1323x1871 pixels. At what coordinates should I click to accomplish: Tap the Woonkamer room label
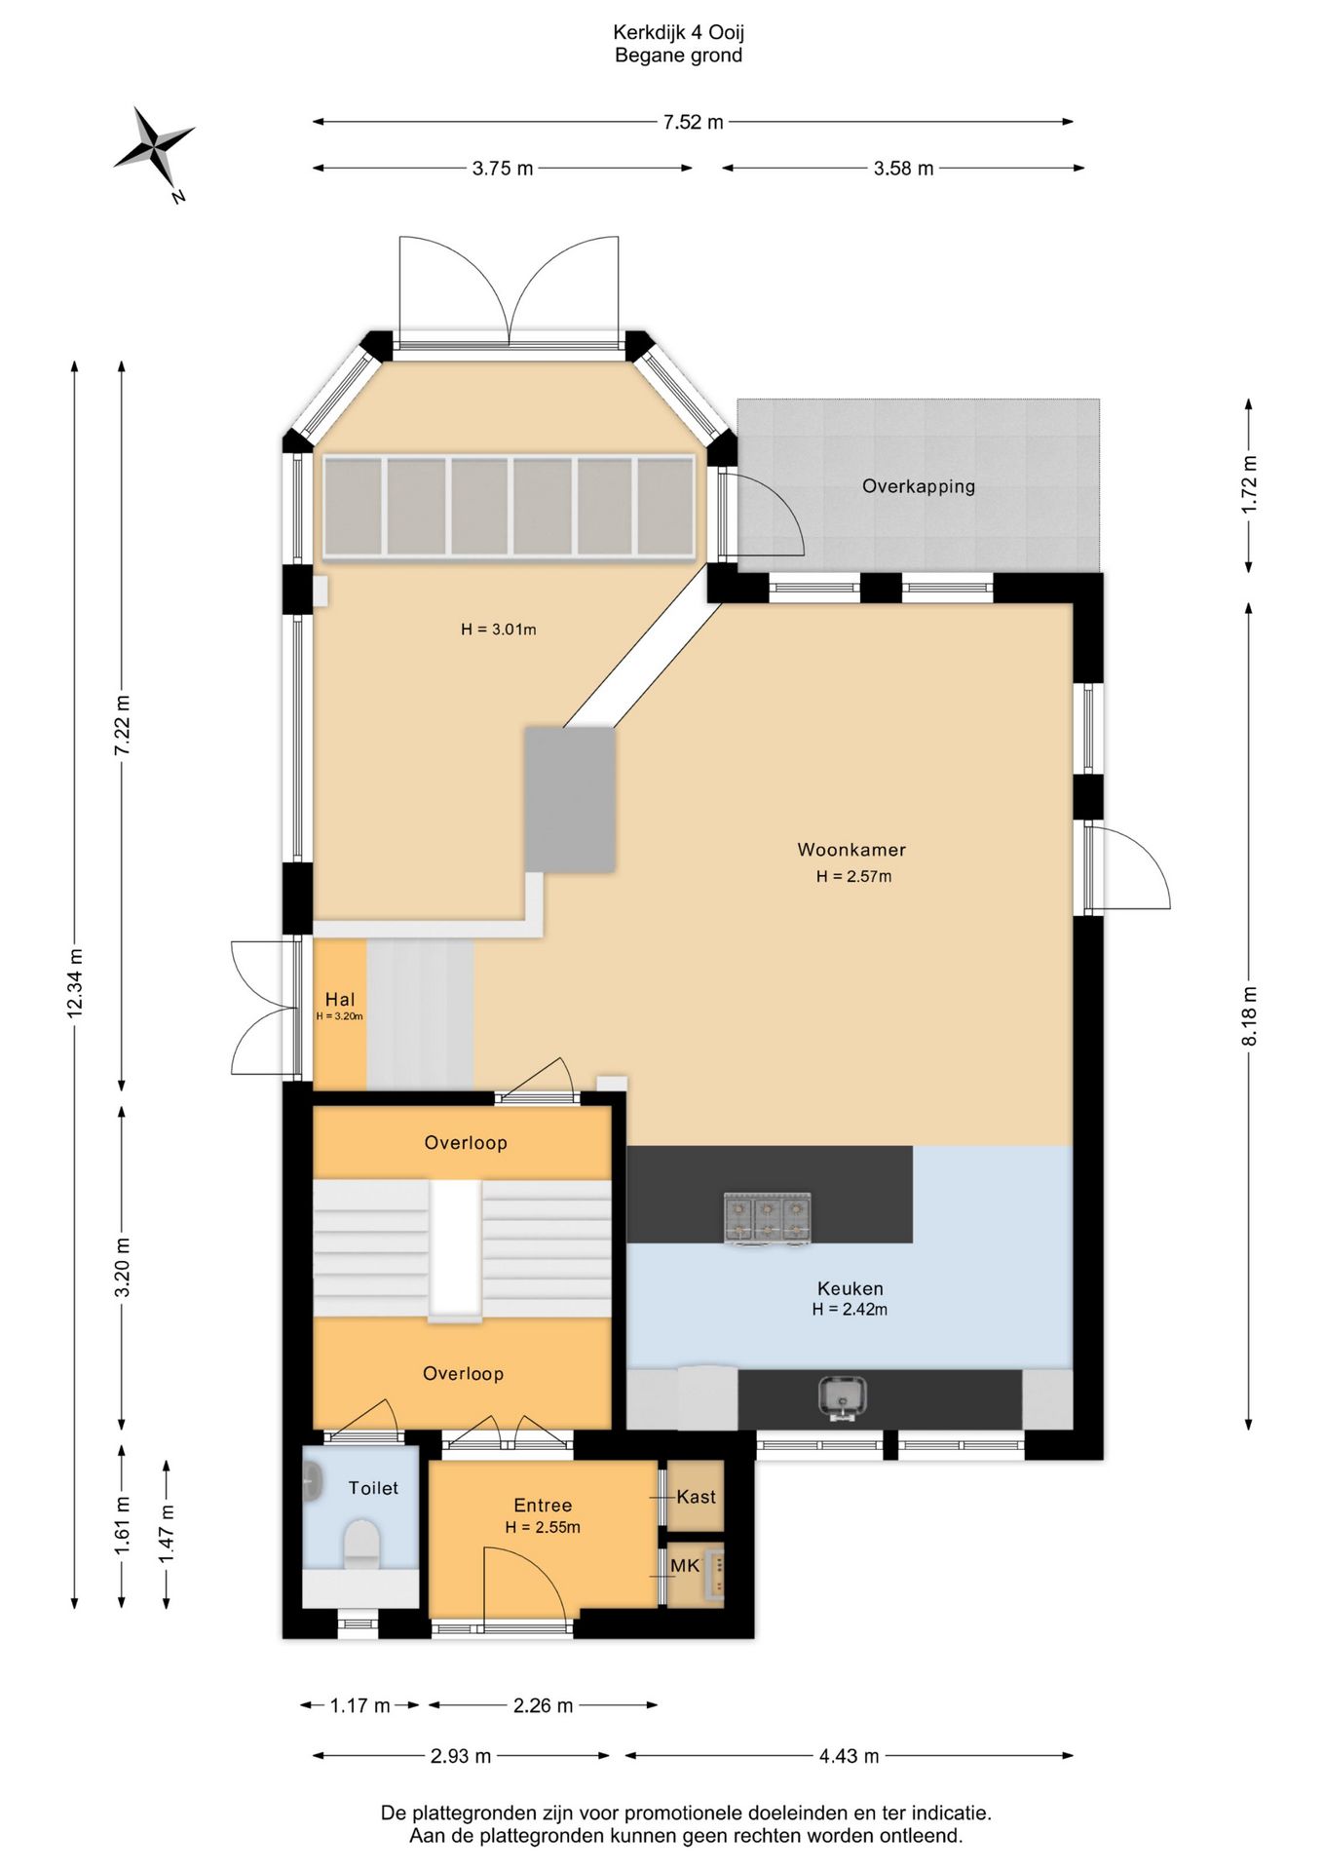[851, 850]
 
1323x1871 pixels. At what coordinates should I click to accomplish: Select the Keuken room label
[850, 1288]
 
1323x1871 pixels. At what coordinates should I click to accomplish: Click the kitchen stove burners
[767, 1219]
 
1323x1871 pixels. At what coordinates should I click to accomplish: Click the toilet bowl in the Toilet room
[361, 1544]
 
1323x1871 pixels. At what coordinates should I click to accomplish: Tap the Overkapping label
[919, 486]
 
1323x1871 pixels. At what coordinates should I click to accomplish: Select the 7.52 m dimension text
[693, 123]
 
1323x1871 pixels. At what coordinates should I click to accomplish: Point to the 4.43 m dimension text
[849, 1756]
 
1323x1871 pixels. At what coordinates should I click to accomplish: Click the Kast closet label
[697, 1497]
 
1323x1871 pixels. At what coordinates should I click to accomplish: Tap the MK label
[685, 1566]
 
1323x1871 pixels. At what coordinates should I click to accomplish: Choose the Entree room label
[543, 1506]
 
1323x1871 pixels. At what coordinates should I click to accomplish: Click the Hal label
[340, 999]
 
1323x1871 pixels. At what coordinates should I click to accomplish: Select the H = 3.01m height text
[499, 630]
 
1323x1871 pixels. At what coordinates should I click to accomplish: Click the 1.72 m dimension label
[1250, 484]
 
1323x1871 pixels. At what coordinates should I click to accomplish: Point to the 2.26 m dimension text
[543, 1705]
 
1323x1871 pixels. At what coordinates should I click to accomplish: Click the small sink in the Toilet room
[313, 1482]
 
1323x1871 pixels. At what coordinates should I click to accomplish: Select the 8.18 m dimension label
[1250, 1015]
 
